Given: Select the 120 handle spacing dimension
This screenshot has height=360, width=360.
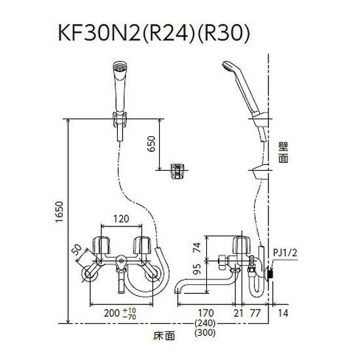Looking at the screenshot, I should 120,218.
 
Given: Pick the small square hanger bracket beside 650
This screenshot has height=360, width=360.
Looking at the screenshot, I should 176,171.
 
